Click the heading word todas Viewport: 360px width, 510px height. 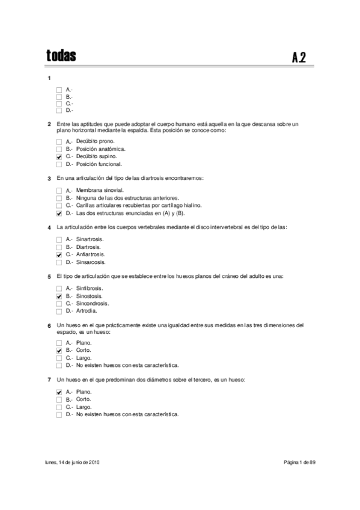[x=61, y=56]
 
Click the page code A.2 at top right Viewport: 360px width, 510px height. [x=299, y=58]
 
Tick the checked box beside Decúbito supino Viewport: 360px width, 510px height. [x=59, y=156]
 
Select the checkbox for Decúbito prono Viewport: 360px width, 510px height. [x=59, y=141]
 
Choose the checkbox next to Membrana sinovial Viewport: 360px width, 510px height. [x=59, y=191]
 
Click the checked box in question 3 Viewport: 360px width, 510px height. [x=59, y=213]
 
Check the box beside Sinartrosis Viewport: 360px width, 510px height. [x=59, y=239]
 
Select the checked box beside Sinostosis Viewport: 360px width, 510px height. [x=59, y=296]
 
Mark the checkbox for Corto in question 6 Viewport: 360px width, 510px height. [x=59, y=349]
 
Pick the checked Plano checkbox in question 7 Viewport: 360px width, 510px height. [x=59, y=392]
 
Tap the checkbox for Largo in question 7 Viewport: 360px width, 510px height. [x=59, y=407]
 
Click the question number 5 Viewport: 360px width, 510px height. [x=49, y=277]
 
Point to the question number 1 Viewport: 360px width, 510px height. [x=49, y=79]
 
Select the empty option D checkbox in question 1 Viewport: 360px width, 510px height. [x=59, y=110]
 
